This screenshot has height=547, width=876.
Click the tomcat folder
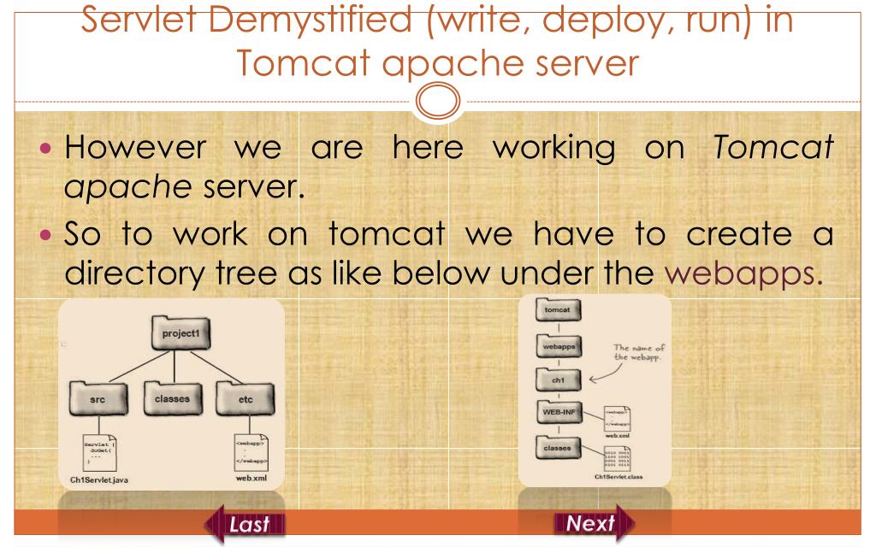tap(552, 311)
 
